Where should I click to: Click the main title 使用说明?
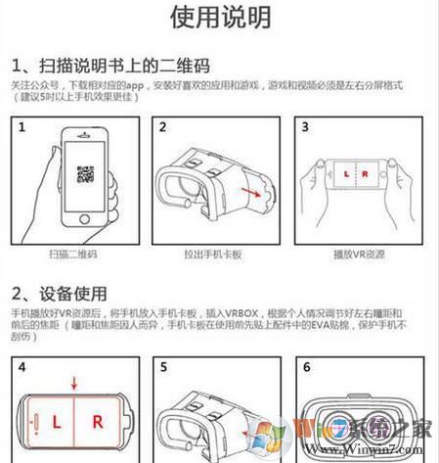pyautogui.click(x=221, y=17)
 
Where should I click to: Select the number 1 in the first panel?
pyautogui.click(x=19, y=128)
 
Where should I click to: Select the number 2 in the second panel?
pyautogui.click(x=162, y=128)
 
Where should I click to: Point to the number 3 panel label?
pyautogui.click(x=305, y=128)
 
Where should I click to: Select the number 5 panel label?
pyautogui.click(x=162, y=370)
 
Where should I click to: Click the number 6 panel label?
pyautogui.click(x=305, y=370)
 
